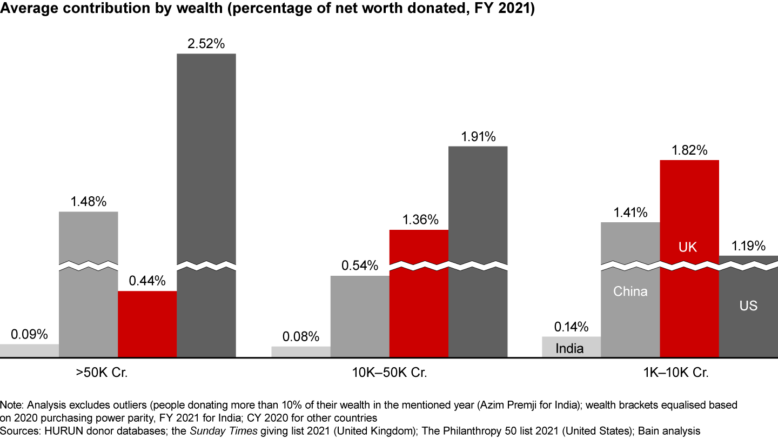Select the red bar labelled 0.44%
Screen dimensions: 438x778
click(x=147, y=324)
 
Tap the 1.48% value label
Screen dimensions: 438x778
click(x=88, y=202)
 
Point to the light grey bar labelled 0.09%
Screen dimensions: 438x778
click(x=29, y=350)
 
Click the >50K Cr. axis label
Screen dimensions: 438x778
click(x=102, y=373)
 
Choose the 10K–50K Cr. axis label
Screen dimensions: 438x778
click(x=389, y=373)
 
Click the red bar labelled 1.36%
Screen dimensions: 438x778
click(x=419, y=303)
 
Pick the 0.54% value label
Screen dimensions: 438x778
click(x=359, y=267)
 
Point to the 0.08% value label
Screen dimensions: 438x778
click(x=300, y=337)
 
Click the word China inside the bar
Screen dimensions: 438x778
click(x=630, y=291)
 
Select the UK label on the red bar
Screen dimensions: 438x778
click(x=688, y=248)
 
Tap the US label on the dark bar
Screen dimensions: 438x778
click(x=748, y=306)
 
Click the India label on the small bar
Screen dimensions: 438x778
click(x=569, y=348)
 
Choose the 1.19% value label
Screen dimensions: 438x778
click(x=748, y=247)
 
